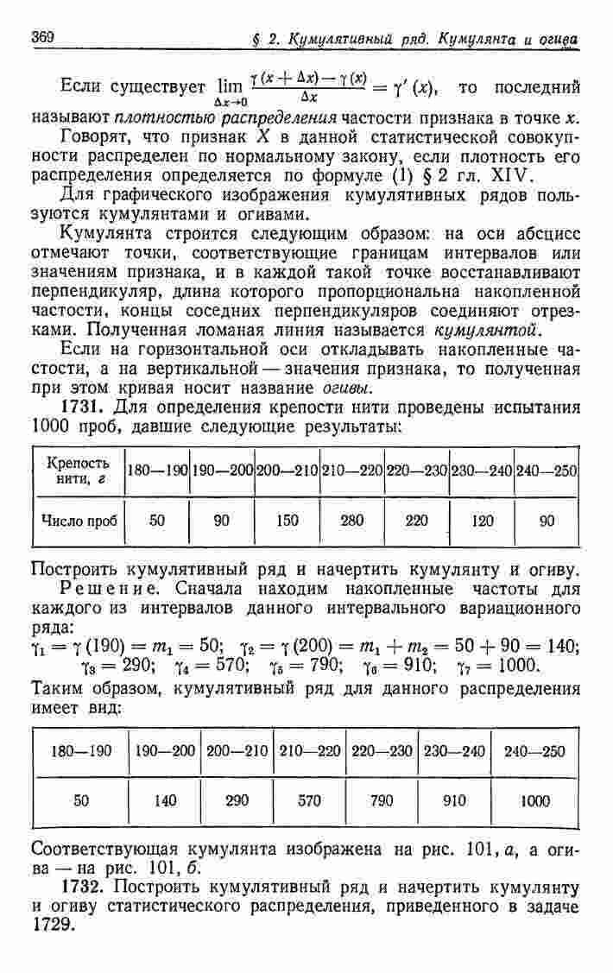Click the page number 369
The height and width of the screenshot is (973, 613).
click(x=42, y=37)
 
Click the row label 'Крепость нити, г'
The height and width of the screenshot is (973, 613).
click(x=78, y=471)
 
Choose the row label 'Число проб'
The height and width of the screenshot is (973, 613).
click(x=78, y=521)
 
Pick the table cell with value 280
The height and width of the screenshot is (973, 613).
click(x=352, y=521)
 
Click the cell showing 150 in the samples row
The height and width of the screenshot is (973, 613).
click(x=288, y=521)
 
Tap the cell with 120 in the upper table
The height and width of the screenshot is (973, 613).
click(x=483, y=521)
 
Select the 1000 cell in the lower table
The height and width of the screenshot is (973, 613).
click(x=535, y=800)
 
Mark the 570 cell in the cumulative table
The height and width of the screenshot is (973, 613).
click(x=310, y=800)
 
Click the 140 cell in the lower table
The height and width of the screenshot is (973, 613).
click(x=165, y=800)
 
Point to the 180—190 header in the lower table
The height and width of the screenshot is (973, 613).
click(x=81, y=751)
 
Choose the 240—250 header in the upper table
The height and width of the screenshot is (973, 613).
click(x=547, y=471)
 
